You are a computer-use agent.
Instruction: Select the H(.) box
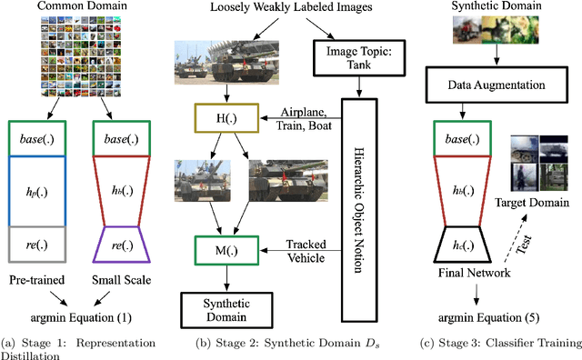[x=209, y=117]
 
